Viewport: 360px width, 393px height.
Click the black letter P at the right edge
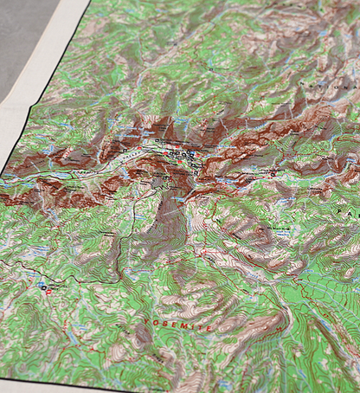click(352, 212)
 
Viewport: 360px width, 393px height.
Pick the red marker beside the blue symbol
click(48, 292)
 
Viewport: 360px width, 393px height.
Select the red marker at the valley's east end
click(273, 172)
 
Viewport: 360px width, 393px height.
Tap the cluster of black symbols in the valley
click(177, 154)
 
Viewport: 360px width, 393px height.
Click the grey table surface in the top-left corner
click(22, 35)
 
